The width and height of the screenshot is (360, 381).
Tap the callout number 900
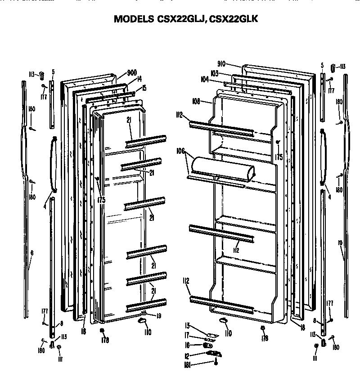pos(132,73)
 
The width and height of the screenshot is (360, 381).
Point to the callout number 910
pos(221,64)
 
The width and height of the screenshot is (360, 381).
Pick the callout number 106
pos(181,152)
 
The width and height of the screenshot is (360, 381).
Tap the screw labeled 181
pos(216,363)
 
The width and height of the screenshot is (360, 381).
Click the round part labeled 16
pos(207,345)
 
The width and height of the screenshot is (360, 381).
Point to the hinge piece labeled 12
pos(213,354)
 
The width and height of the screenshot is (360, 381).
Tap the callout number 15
pos(144,87)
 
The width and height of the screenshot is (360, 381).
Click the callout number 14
pos(139,79)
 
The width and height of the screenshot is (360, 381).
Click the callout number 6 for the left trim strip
pos(31,253)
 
